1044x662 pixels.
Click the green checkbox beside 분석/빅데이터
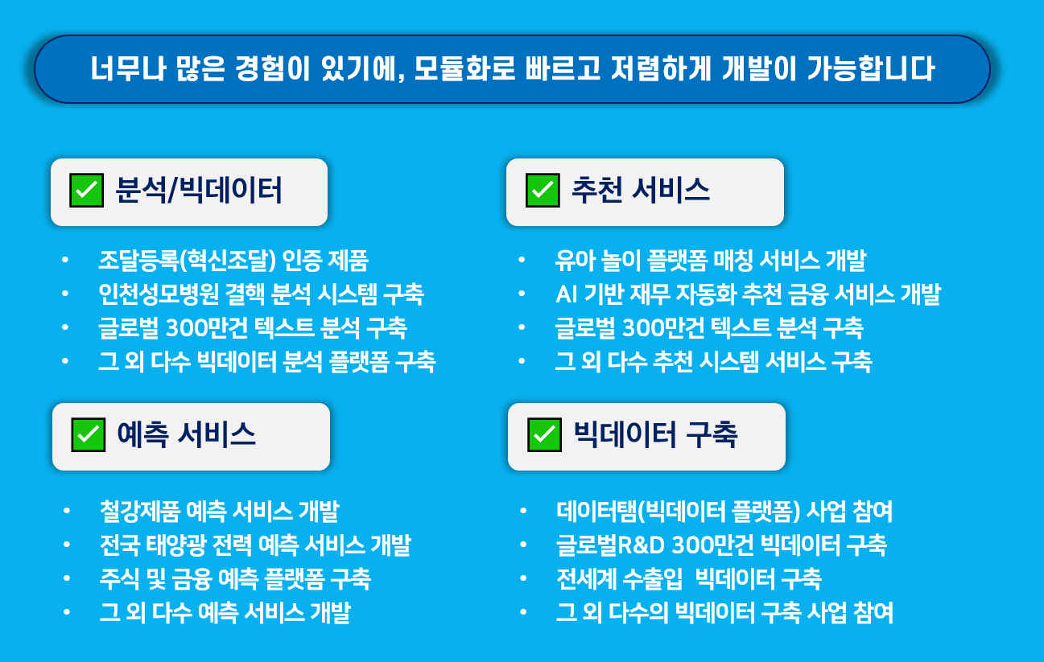pos(87,191)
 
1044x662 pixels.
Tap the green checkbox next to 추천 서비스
pos(543,191)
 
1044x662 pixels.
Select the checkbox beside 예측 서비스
pos(88,435)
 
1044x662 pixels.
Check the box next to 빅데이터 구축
pos(544,435)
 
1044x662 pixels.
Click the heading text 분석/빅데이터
pos(199,191)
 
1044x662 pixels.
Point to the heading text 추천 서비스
pos(641,191)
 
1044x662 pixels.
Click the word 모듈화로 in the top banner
pos(464,68)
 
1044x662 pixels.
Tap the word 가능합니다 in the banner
pos(871,68)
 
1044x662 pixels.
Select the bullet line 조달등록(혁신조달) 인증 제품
pos(233,261)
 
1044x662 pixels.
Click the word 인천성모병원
pos(159,294)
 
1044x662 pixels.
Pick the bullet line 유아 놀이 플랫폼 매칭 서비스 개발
pos(711,261)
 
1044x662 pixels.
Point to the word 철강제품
pos(140,511)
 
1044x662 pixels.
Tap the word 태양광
pos(175,545)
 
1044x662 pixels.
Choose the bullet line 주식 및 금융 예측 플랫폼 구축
pos(235,579)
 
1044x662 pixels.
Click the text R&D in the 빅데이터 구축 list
pos(641,545)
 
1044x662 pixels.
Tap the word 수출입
pos(653,579)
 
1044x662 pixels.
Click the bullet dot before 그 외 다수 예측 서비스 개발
pos(67,612)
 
